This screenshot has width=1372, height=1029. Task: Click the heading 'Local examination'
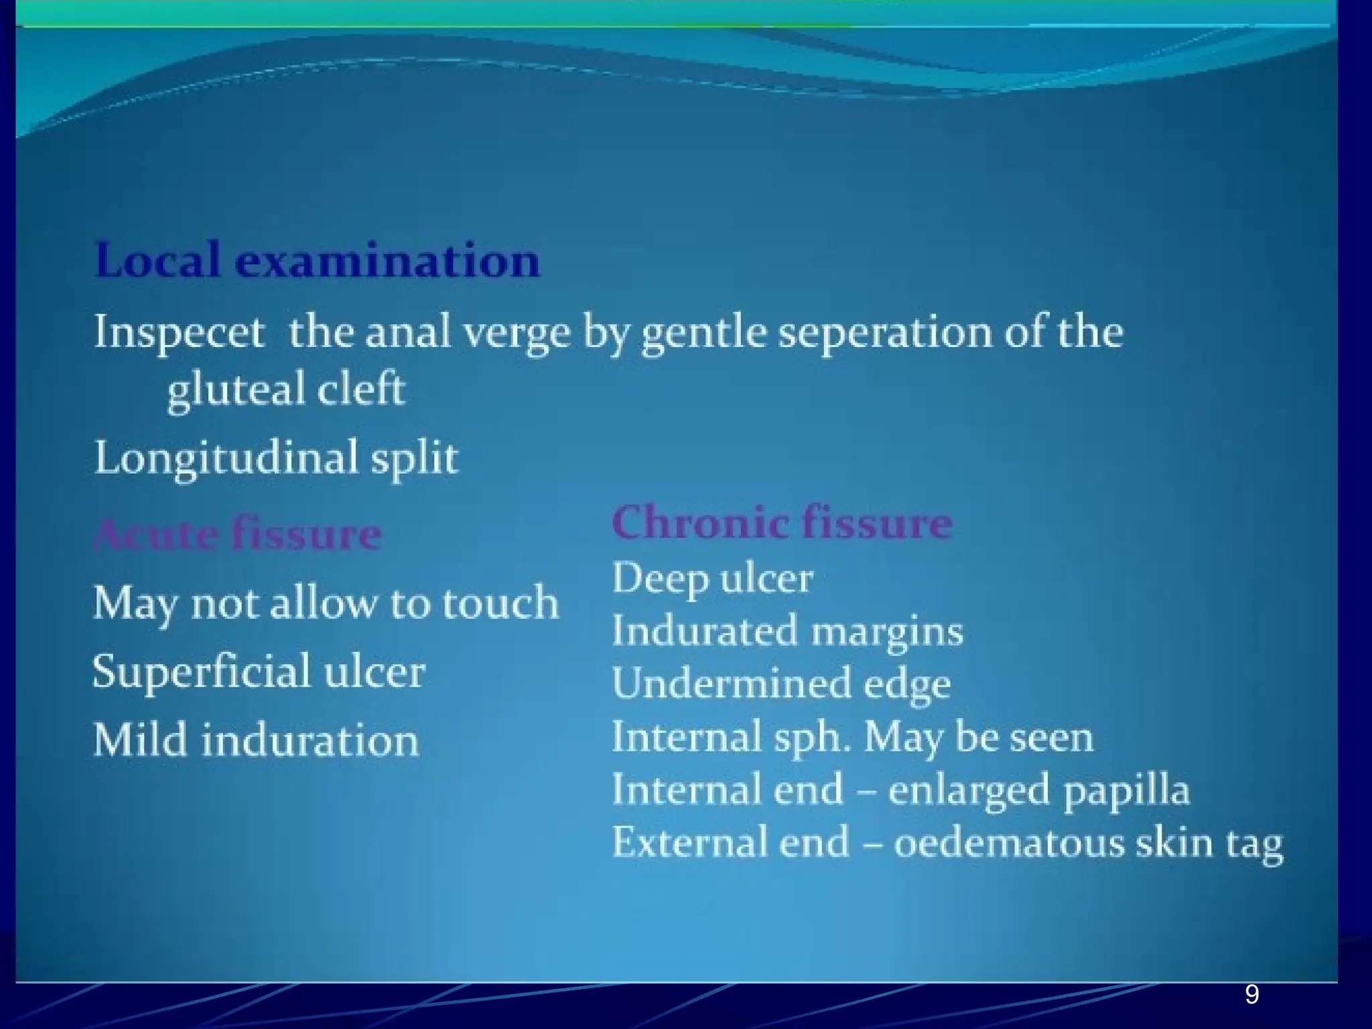pos(317,261)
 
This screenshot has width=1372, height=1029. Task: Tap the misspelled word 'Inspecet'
pos(179,332)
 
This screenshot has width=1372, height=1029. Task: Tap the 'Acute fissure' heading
pos(238,535)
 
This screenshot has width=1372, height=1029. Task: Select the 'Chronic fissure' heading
pos(782,523)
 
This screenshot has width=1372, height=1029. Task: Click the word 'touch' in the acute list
pos(500,603)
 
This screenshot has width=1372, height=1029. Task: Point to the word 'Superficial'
pos(201,671)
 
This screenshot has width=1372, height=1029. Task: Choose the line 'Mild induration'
pos(256,741)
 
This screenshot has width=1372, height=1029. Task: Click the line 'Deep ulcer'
pos(712,579)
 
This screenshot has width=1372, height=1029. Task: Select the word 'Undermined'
pos(731,683)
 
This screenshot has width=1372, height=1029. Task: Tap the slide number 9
pos(1251,995)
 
